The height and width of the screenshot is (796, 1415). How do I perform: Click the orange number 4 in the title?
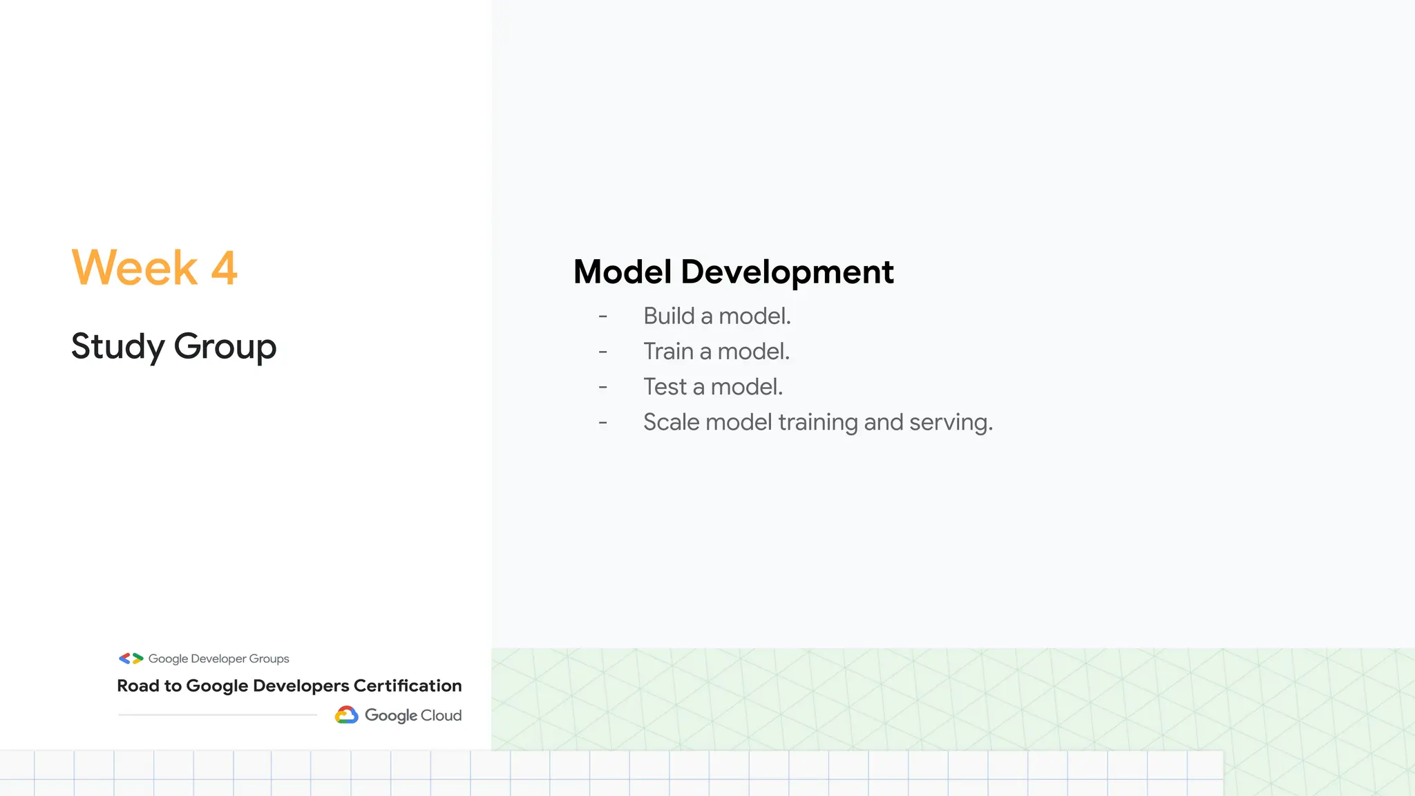click(224, 268)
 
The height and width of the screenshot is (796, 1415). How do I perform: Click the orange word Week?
click(135, 268)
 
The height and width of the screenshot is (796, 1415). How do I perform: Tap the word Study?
click(117, 347)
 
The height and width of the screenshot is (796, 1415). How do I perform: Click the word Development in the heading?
click(787, 272)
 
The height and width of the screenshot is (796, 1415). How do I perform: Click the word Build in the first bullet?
click(669, 316)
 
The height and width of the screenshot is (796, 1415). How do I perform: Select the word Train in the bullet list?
click(668, 352)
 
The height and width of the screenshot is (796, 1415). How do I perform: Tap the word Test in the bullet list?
click(665, 387)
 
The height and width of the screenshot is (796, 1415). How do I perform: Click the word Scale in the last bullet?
click(671, 422)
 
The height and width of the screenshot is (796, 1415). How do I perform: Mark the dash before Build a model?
click(603, 316)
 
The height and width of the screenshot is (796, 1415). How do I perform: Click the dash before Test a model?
click(603, 388)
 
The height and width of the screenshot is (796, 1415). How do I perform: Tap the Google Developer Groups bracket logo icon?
click(131, 658)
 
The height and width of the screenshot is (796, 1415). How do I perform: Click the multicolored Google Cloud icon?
click(347, 715)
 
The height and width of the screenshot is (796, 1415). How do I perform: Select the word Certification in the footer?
click(408, 685)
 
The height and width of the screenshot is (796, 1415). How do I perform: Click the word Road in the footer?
click(138, 685)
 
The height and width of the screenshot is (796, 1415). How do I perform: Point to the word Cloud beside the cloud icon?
click(441, 715)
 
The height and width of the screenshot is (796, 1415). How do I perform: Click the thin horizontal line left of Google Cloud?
click(218, 714)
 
